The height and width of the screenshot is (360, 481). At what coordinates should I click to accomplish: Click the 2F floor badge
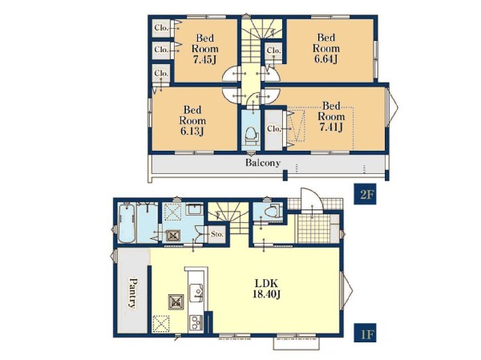coord(365,194)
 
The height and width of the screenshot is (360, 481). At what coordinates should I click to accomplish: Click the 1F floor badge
coord(365,333)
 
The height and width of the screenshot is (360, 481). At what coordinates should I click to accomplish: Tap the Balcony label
coord(263,162)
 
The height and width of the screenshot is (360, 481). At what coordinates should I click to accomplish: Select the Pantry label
coord(132,293)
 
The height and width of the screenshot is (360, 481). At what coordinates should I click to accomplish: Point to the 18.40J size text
coord(266,294)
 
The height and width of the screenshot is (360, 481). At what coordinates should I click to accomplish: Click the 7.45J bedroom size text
coord(205,59)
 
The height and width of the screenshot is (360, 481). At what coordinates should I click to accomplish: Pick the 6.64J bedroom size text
coord(326,59)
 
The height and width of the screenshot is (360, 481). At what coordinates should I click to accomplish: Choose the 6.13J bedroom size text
coord(192,131)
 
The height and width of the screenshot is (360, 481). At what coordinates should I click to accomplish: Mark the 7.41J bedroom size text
coord(331,127)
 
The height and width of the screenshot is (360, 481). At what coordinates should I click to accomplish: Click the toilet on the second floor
coord(251,136)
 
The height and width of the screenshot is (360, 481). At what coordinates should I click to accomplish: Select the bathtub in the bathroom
coord(127,224)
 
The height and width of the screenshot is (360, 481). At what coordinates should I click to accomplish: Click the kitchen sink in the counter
coord(196,293)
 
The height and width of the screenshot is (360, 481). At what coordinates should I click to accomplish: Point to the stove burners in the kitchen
coord(196,322)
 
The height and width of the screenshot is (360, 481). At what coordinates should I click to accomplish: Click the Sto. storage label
coord(217,234)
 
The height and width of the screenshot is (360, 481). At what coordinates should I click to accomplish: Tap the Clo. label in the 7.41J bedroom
coord(273,128)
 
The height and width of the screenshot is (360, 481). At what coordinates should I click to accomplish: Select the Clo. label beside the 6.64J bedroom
coord(273,50)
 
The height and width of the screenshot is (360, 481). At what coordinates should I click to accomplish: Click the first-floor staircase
coord(228,218)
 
